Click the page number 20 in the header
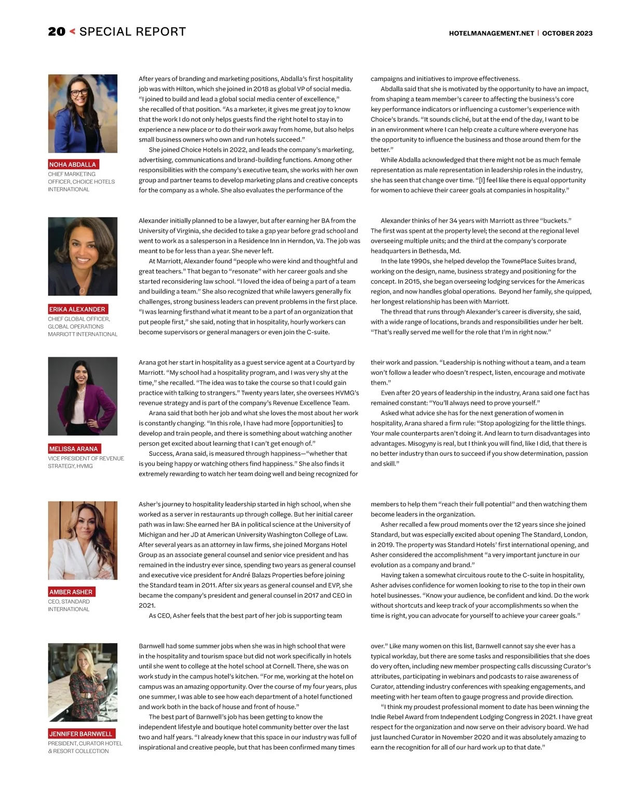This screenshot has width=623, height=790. [x=57, y=32]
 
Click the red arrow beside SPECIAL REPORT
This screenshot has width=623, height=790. [x=72, y=32]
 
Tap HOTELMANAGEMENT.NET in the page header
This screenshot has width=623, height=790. [x=491, y=33]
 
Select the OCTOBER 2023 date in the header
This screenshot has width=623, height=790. [x=567, y=33]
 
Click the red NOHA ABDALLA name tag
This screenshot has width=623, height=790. [x=73, y=165]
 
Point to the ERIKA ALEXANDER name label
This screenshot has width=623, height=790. [x=77, y=309]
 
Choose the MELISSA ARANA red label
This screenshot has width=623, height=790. [x=73, y=449]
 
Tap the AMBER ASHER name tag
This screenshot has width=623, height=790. [x=71, y=592]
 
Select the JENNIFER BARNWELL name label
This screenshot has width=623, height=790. [x=80, y=734]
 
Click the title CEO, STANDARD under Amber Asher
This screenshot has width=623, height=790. [x=69, y=602]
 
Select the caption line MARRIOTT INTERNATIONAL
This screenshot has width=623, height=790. [x=83, y=334]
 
